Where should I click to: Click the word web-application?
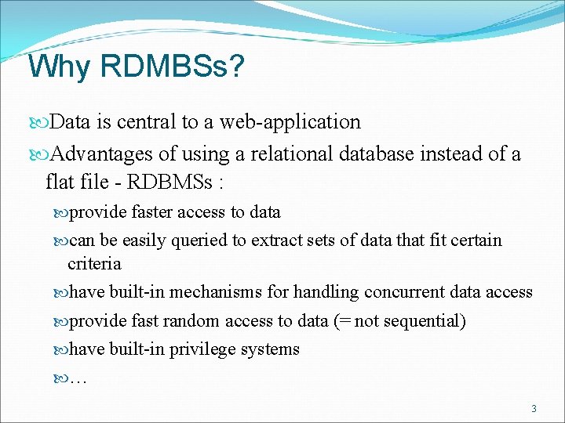tap(290, 122)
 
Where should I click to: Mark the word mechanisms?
tap(216, 292)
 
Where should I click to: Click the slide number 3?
tap(534, 408)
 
